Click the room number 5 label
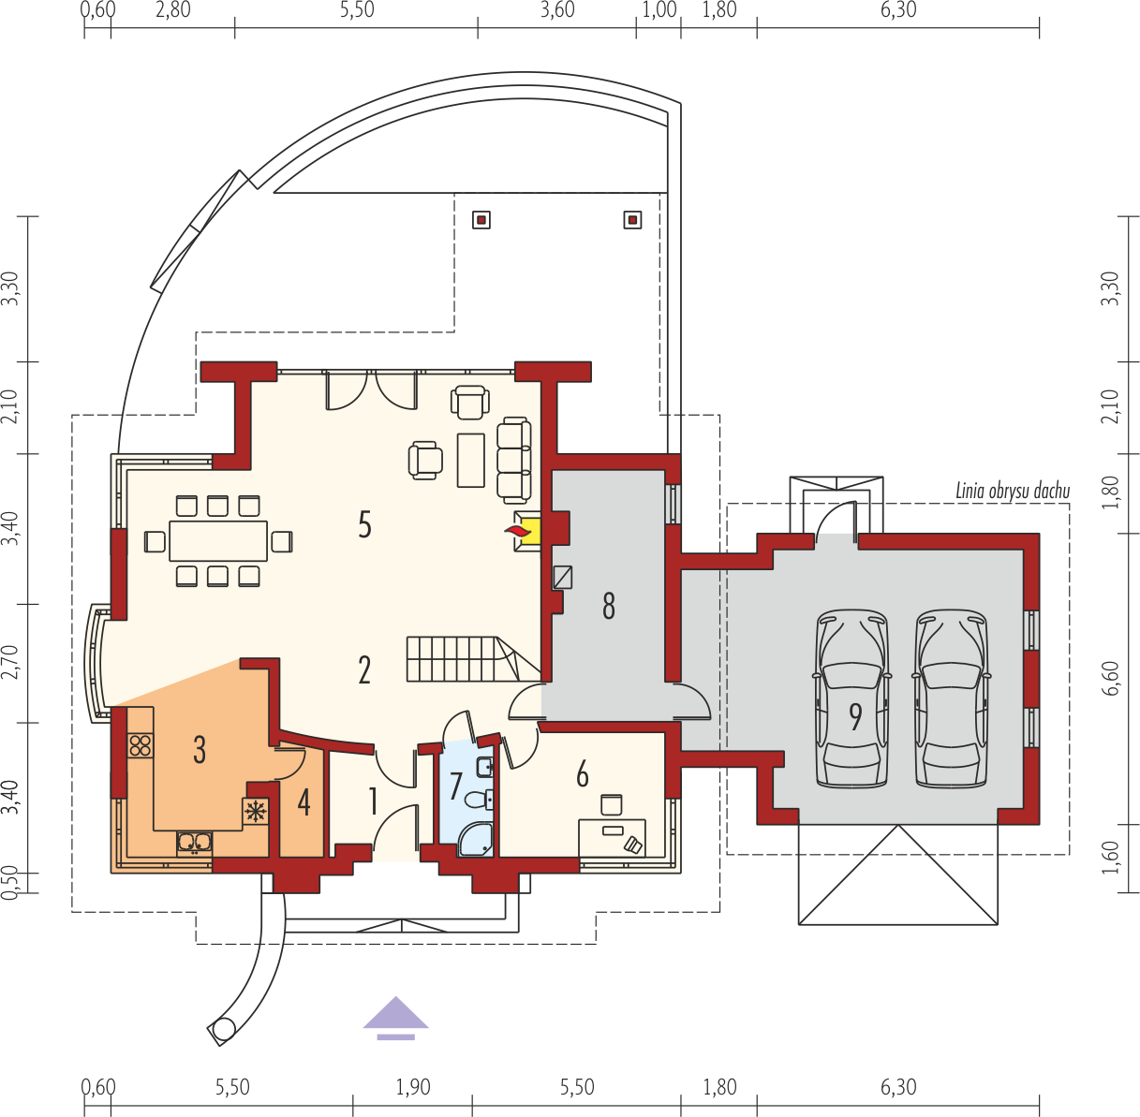[x=364, y=524]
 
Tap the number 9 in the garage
[x=855, y=716]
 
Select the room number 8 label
[x=609, y=606]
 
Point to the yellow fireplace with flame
[x=526, y=531]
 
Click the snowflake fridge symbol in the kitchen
[x=256, y=811]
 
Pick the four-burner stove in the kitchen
[x=141, y=745]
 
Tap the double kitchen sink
[x=195, y=844]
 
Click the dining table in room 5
[x=218, y=540]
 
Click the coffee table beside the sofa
[x=471, y=461]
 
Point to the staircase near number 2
[x=473, y=659]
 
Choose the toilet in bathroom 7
[x=479, y=800]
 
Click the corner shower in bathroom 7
[x=475, y=840]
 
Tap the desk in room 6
[x=612, y=837]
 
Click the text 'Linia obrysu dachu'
[x=1013, y=491]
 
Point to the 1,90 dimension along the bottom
[x=413, y=1087]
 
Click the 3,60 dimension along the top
[x=557, y=10]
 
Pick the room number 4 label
[x=304, y=803]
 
